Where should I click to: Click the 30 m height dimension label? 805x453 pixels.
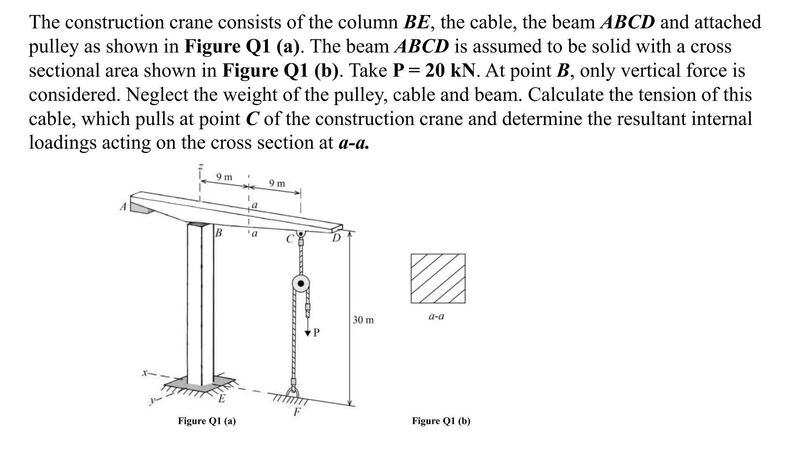363,320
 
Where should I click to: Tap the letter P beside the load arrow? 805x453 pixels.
316,333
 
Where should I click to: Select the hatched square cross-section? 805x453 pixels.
438,278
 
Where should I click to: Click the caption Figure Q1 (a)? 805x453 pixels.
207,421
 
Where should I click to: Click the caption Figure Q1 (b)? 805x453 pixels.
441,421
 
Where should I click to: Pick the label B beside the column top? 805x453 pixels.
219,233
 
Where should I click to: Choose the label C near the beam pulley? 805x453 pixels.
290,239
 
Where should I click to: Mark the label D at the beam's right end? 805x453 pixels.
336,238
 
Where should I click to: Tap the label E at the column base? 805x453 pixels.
221,399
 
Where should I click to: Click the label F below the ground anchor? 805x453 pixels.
297,412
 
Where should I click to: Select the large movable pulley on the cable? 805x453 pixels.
301,284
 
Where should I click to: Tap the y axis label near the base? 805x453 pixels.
152,401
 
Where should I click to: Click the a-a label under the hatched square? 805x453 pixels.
436,316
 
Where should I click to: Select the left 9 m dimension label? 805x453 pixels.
224,177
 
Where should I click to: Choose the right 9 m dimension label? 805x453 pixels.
277,183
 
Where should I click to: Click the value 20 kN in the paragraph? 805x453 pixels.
449,71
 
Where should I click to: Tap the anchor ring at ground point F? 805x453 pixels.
293,393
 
